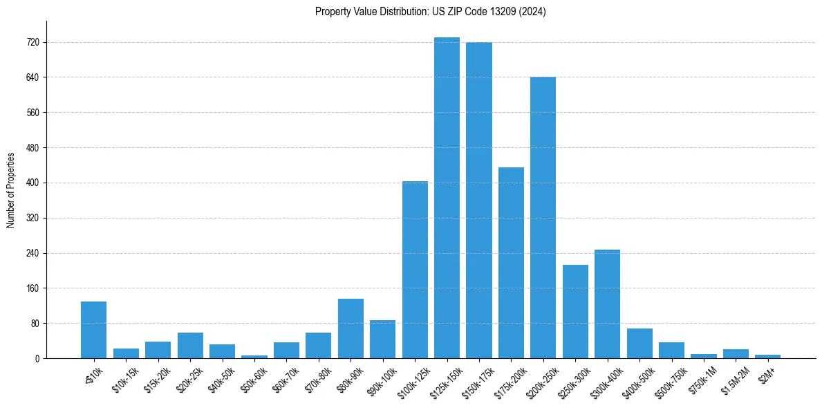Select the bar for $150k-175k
479,201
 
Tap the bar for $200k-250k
543,218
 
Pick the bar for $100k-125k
415,270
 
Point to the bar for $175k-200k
511,263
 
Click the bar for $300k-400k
607,304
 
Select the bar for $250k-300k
575,312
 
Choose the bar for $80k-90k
351,328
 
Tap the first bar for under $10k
93,330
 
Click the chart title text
430,12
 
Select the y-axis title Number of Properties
11,189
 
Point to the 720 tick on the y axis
32,42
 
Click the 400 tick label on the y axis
32,183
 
